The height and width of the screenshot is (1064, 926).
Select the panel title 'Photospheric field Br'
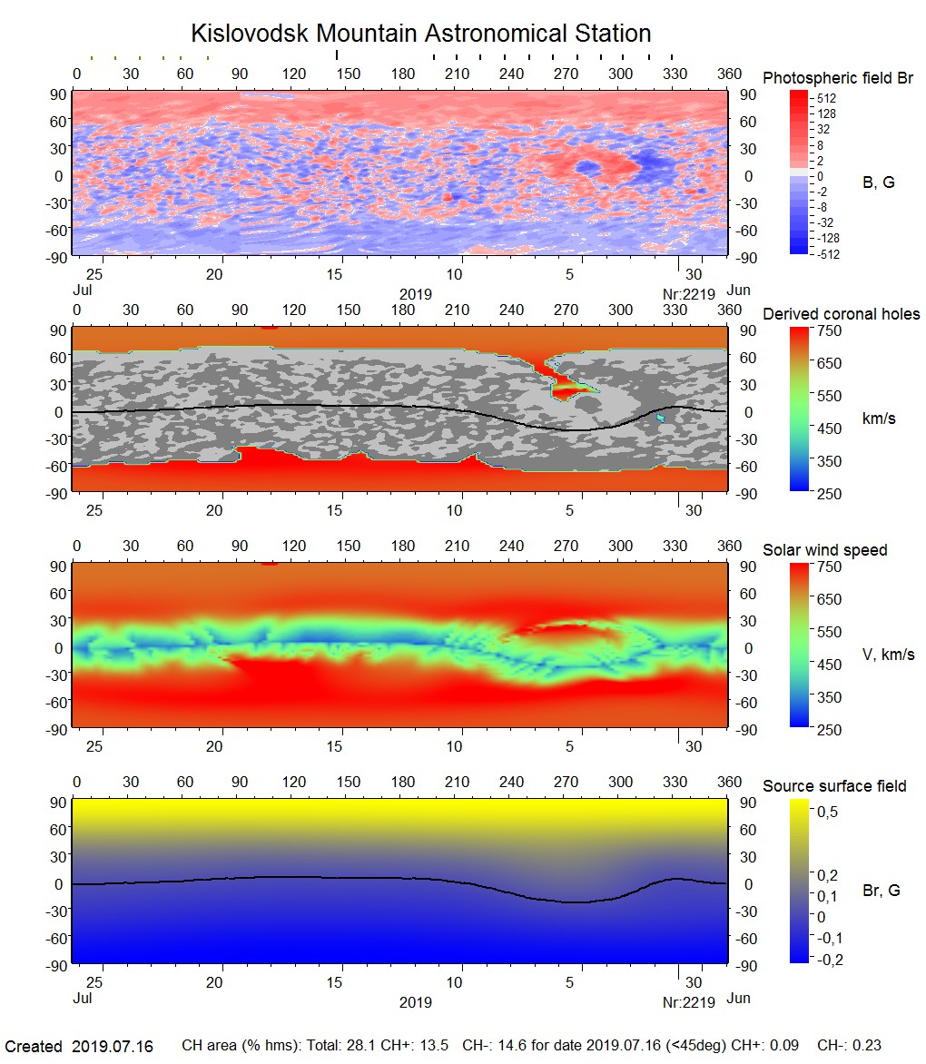coord(838,78)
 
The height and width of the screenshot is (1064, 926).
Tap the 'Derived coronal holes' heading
coord(841,314)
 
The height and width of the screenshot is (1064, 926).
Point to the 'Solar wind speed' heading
coord(824,550)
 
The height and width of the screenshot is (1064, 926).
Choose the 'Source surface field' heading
coord(834,785)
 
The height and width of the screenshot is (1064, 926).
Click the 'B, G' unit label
coord(878,182)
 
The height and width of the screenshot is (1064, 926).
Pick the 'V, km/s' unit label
coord(888,655)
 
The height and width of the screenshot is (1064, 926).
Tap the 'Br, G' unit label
coord(882,891)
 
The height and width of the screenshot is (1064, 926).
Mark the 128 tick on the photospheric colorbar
coord(826,113)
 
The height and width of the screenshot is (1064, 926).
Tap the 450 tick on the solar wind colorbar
coord(830,664)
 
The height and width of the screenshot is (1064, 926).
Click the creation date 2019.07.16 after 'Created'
coord(112,1047)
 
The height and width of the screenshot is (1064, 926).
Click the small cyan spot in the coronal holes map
coord(661,419)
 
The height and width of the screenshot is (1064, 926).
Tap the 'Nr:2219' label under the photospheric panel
coord(688,293)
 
